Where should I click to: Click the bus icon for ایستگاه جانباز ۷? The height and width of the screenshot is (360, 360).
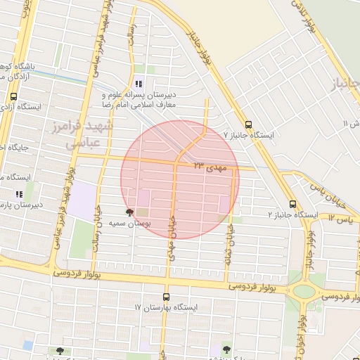tap(248, 122)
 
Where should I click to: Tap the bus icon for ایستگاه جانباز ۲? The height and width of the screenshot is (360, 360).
tap(292, 204)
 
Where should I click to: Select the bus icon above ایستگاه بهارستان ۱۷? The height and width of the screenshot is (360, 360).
tap(166, 297)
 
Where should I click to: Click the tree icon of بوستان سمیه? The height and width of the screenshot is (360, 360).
tap(128, 212)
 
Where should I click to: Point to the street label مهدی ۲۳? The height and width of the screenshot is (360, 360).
tap(211, 167)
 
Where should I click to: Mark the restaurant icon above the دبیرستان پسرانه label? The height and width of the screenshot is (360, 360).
tap(139, 84)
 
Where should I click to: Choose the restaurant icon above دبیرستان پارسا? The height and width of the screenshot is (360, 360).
tap(19, 194)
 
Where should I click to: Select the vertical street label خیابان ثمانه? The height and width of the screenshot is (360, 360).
tap(229, 239)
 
